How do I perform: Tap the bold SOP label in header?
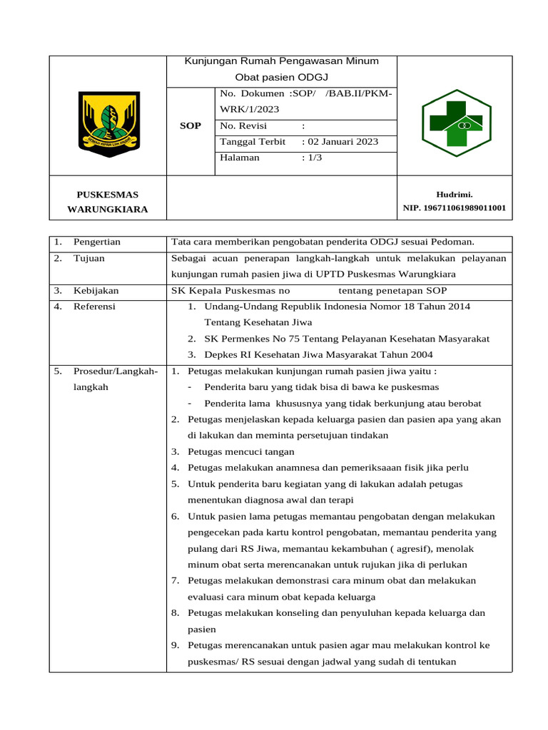click(x=190, y=125)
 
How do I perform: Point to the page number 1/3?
click(x=315, y=158)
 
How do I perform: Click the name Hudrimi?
click(x=455, y=194)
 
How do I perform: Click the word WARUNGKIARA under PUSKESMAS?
click(x=108, y=210)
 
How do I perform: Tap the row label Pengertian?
click(x=97, y=242)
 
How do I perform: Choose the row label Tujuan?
click(x=89, y=258)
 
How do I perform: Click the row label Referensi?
click(x=94, y=307)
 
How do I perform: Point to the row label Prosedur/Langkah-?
click(x=116, y=371)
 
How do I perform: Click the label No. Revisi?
click(x=244, y=125)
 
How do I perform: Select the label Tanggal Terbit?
click(x=253, y=142)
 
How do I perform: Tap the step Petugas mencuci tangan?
click(x=240, y=452)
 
